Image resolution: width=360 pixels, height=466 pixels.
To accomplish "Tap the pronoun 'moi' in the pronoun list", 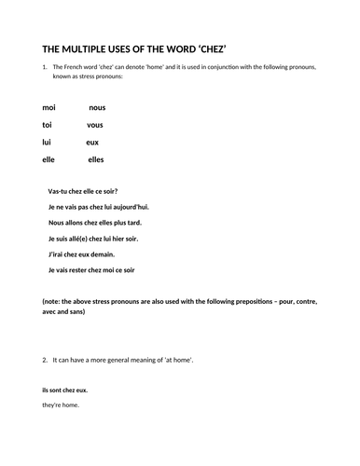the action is [49, 108].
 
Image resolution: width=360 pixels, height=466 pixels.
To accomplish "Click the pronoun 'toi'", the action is [48, 125].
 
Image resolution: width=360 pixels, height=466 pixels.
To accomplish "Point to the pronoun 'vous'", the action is [95, 125].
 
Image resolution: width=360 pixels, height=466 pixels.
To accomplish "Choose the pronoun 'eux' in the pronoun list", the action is [92, 142].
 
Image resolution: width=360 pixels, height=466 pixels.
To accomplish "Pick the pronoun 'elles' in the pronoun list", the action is [97, 159].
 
